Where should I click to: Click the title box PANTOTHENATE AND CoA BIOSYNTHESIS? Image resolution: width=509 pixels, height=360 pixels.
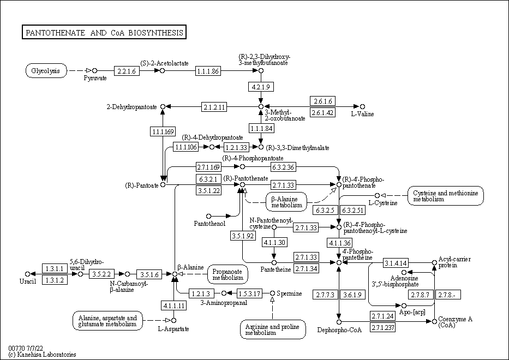pos(104,33)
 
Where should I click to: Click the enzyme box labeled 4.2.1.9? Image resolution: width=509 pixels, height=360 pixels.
pos(261,87)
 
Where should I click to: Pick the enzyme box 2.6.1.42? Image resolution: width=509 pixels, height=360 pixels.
pos(322,112)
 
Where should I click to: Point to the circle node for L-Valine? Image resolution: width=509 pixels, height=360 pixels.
pos(362,106)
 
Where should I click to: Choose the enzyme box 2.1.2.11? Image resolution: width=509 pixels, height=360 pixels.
pos(214,106)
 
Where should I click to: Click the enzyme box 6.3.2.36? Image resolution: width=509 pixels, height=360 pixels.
pos(283,166)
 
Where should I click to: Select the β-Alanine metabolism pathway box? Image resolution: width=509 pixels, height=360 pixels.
pos(286,201)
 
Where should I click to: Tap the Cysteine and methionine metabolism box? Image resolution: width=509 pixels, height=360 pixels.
pos(446,196)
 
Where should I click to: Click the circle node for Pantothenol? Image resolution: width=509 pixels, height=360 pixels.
pos(208,216)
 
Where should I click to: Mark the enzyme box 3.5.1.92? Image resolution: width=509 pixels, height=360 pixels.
pos(243,236)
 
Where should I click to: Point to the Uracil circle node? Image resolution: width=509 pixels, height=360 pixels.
pos(28,274)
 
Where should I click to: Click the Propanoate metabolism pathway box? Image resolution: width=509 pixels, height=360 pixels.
pos(227,274)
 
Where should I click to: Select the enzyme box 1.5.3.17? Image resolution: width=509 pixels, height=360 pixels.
pos(249,294)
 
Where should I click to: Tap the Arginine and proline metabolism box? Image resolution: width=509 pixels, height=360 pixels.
pos(273,329)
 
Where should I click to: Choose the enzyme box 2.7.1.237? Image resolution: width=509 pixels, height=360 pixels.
pos(382,328)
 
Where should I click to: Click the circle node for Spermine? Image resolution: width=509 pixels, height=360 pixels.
pos(273,293)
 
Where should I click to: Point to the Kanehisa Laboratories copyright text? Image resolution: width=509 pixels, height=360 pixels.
pos(43,355)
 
